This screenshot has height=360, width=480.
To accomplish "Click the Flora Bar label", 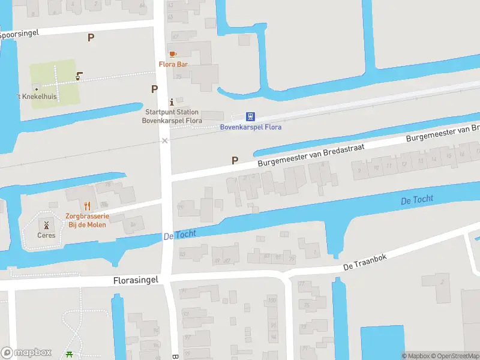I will pos(174,64).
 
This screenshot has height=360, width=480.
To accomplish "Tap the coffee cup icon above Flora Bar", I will pos(173,54).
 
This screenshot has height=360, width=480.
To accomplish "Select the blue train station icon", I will pos(250,116).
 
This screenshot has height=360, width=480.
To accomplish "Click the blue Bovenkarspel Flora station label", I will pos(251,127).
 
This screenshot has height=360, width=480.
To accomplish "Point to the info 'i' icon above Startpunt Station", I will pos(172,101).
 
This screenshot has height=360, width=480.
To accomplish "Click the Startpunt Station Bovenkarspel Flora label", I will pos(172,116).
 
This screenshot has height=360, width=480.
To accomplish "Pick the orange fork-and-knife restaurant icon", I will pos(87,206).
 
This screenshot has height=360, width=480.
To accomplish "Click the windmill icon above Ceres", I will pos(46,225).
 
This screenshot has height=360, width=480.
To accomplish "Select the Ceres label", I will pos(46,235).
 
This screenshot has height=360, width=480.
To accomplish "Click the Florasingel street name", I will pos(137,280).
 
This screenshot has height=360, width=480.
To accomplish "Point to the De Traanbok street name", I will pos(365,262).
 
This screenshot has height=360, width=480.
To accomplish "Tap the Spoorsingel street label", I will pos(19,34).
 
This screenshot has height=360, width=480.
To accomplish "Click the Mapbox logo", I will pos(26,352).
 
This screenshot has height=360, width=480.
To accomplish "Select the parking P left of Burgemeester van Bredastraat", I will pos(235,160).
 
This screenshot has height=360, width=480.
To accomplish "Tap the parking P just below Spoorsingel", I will pos(91,37).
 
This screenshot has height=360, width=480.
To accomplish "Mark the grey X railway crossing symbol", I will pos(164,140).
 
